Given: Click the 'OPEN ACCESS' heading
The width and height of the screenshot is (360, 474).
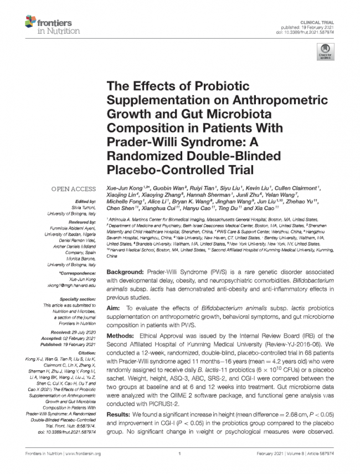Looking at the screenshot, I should pyautogui.click(x=74, y=190).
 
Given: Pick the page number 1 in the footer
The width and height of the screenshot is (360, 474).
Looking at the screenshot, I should pyautogui.click(x=181, y=454).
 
